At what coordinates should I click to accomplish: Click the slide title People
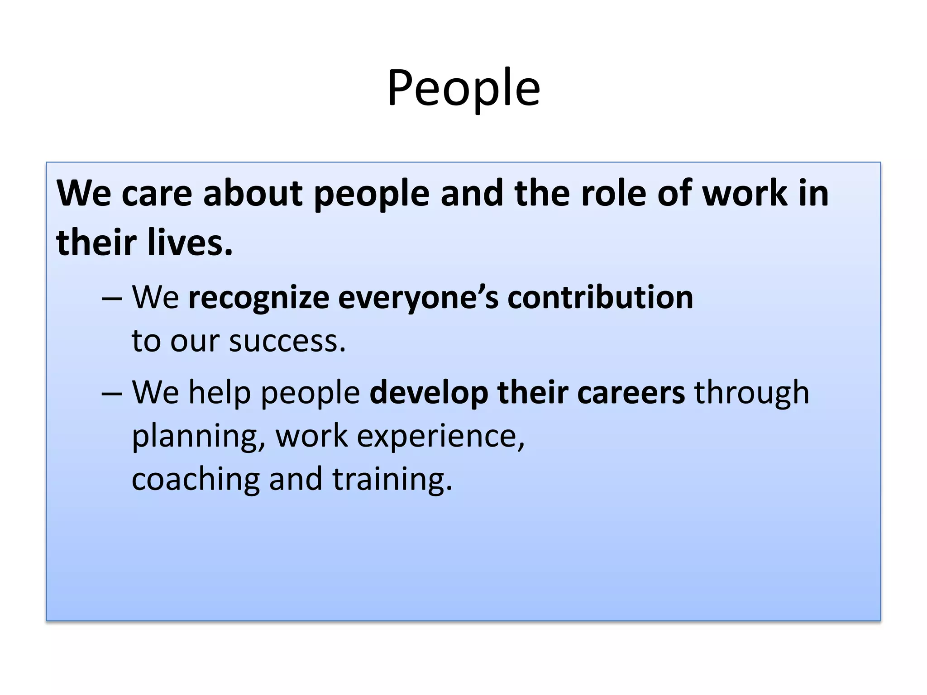tap(463, 88)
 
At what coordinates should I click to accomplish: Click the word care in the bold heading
tap(157, 193)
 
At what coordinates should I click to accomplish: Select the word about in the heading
tap(253, 193)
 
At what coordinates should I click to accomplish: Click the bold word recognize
tap(258, 298)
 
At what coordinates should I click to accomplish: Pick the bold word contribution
tap(600, 298)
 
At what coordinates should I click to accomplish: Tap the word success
tap(287, 341)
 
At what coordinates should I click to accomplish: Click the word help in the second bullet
tap(220, 392)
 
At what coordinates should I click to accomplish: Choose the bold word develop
tap(429, 392)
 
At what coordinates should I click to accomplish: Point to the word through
tap(752, 392)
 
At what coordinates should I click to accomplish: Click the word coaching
tap(196, 479)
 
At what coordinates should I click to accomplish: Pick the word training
tap(392, 479)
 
